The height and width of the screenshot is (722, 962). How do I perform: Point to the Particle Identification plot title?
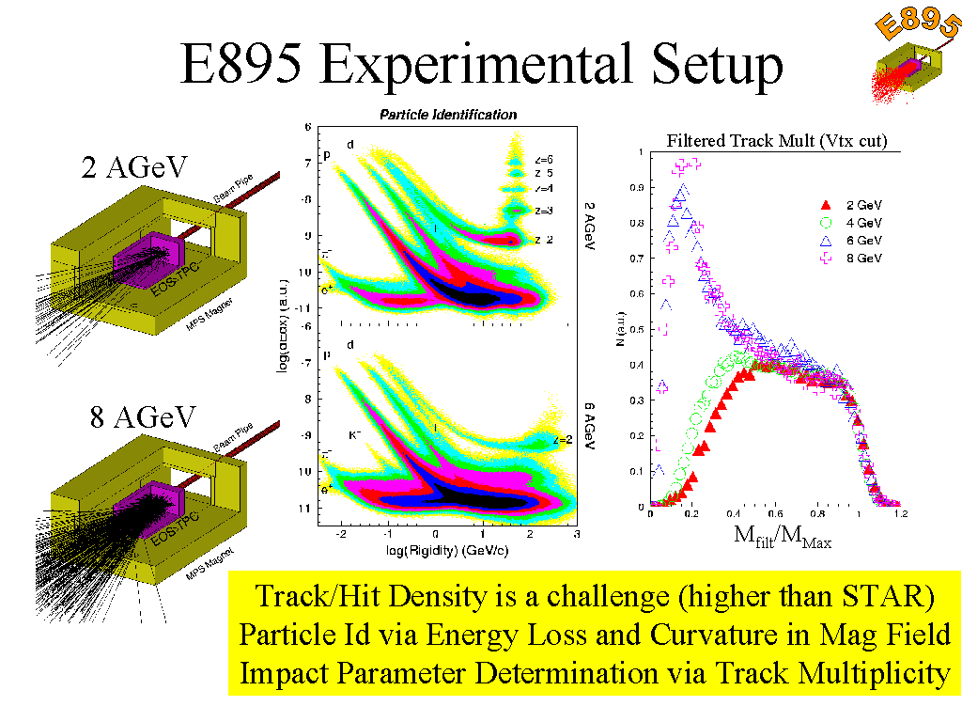pos(447,115)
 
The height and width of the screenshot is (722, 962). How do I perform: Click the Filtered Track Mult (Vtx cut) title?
pos(777,142)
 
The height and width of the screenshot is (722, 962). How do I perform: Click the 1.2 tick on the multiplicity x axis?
pos(900,515)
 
